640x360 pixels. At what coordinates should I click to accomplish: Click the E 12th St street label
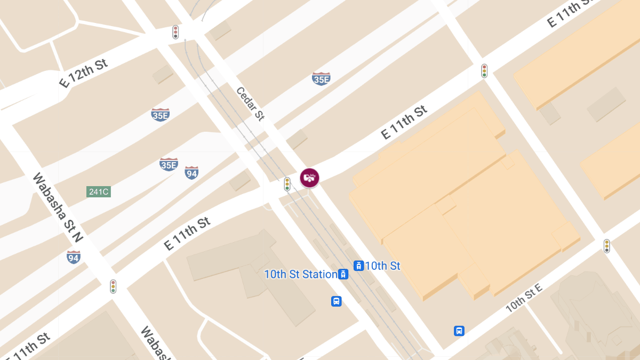click(x=83, y=73)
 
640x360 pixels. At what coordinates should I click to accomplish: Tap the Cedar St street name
click(x=250, y=104)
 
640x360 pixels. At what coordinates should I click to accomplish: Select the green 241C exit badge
click(x=99, y=191)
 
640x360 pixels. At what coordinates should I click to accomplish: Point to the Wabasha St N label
click(x=57, y=207)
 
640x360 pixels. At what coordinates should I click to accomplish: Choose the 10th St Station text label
click(x=301, y=275)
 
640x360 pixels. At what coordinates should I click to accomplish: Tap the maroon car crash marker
click(x=309, y=178)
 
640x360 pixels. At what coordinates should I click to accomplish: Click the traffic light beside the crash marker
click(x=287, y=184)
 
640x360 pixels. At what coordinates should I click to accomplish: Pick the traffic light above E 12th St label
click(x=175, y=32)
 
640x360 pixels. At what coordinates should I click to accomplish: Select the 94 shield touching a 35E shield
click(x=191, y=173)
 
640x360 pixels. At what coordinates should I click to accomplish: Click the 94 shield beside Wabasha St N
click(x=74, y=258)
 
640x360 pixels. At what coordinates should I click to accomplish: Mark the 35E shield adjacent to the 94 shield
click(x=169, y=164)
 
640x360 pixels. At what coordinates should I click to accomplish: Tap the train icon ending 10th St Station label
click(x=343, y=275)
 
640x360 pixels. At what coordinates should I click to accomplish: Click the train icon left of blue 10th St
click(x=359, y=266)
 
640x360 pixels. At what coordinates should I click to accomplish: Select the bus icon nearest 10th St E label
click(x=459, y=331)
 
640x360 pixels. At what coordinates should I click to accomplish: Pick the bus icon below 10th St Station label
click(x=336, y=301)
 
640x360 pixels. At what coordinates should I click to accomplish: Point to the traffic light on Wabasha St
click(x=113, y=286)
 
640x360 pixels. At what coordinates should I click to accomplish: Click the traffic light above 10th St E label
click(x=606, y=246)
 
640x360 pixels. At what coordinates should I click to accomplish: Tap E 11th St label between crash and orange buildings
click(x=404, y=122)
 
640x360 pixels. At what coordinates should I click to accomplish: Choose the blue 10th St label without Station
click(x=382, y=266)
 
